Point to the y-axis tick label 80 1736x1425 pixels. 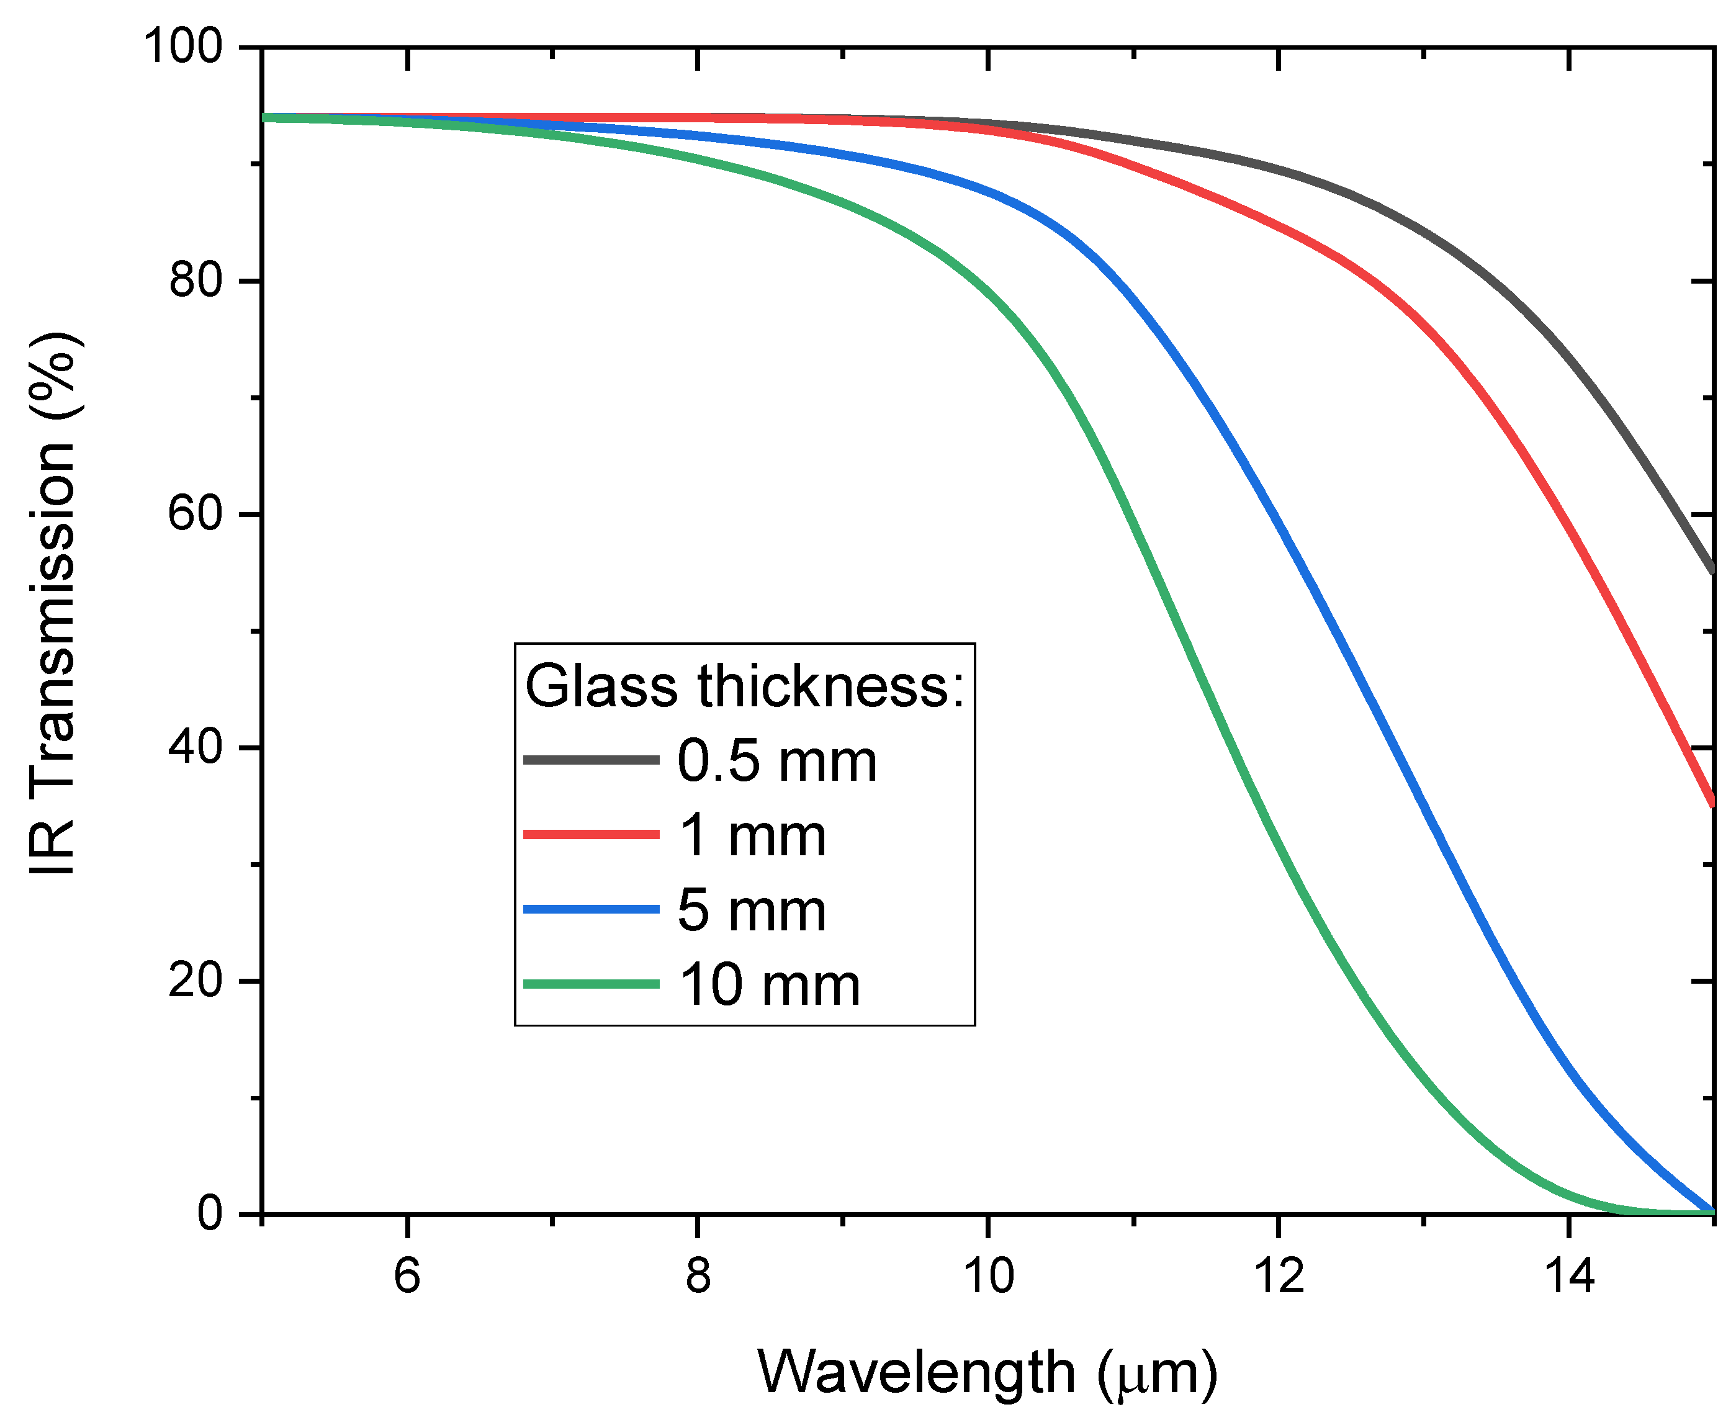pos(196,280)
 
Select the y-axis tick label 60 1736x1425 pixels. pos(196,514)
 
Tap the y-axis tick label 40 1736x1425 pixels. pos(196,747)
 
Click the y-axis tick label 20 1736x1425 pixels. pos(196,980)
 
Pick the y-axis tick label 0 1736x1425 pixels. pos(210,1213)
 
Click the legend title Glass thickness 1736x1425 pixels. pos(744,686)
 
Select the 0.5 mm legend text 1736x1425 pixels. pos(776,761)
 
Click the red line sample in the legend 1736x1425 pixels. pos(591,835)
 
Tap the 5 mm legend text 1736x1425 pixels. pos(751,910)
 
